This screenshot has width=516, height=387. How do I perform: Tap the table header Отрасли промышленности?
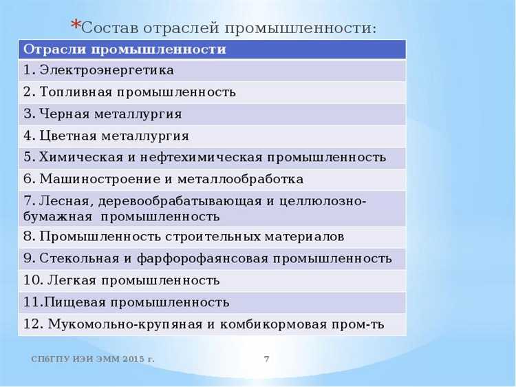(x=125, y=50)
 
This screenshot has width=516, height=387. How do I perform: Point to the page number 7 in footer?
(x=266, y=359)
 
